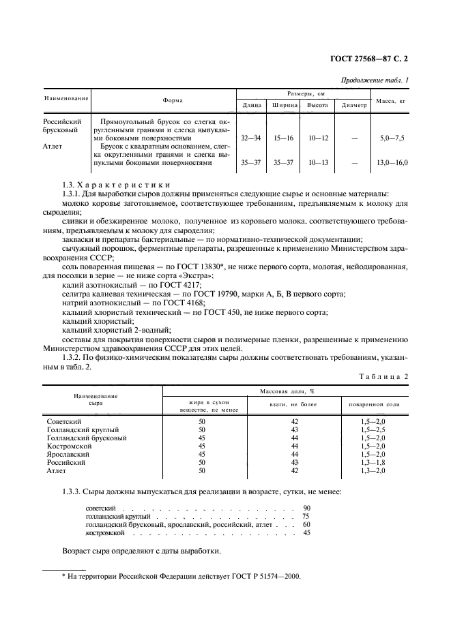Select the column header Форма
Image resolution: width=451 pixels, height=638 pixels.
tap(173, 100)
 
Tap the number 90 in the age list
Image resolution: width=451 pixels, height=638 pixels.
tap(306, 508)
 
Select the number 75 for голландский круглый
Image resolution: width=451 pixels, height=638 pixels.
tap(306, 517)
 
